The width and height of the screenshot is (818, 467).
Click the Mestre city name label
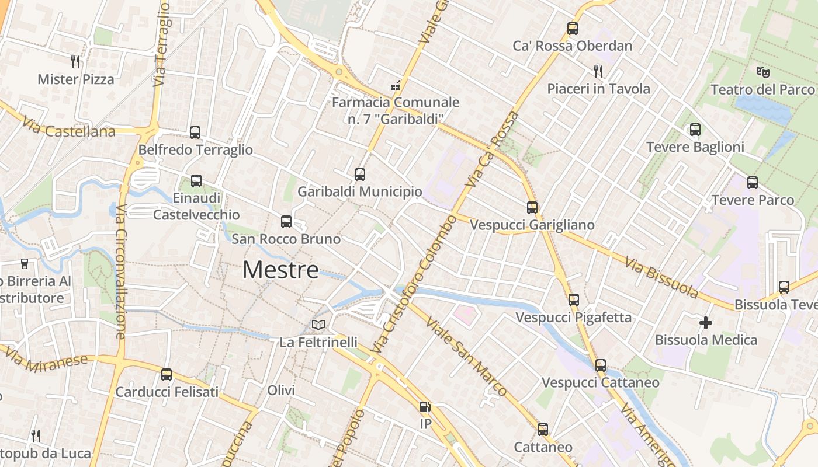coord(280,270)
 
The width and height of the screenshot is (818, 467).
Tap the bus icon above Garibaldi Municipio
coord(359,174)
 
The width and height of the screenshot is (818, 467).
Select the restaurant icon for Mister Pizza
coord(75,61)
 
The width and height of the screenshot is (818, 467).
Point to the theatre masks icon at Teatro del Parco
coord(762,72)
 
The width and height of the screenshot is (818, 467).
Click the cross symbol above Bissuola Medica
coord(706,322)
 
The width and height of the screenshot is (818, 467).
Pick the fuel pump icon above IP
coord(425,407)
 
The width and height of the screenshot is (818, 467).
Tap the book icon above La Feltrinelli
coord(318,325)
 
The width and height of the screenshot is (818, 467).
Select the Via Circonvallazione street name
coord(122,271)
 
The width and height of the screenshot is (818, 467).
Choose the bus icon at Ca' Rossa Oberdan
coord(573,28)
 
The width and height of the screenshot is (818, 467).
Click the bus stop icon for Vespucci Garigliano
coord(532,207)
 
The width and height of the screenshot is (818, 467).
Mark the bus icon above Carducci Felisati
coord(167,374)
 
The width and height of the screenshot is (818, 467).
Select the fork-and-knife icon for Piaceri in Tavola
coord(598,71)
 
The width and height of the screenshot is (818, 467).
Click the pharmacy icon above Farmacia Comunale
coord(396,85)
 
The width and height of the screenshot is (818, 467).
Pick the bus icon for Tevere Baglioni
coord(695,130)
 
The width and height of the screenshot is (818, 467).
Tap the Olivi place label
coord(281,390)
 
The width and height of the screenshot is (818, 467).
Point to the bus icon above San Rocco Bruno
coord(286,221)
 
